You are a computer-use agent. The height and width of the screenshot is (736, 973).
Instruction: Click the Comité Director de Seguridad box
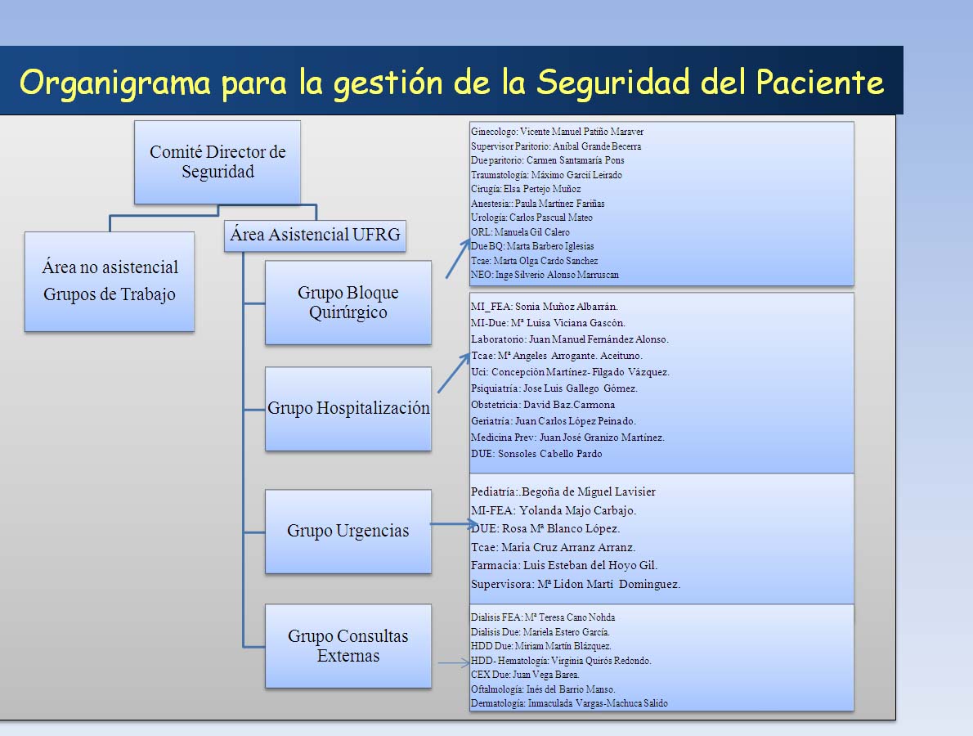217,162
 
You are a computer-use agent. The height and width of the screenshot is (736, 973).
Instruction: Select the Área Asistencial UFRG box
315,236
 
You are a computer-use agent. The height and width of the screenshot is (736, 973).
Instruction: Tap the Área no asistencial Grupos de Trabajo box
110,281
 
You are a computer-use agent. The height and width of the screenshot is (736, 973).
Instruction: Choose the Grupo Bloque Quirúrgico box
348,303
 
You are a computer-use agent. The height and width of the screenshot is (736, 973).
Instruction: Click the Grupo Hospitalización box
348,408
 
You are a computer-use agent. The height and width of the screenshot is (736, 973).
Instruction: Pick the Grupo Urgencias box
348,532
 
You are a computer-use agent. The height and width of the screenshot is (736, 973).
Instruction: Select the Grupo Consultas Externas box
348,646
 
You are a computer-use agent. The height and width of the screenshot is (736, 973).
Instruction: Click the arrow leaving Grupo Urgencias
454,524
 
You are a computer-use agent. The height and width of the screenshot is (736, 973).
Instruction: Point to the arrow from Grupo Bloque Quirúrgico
458,258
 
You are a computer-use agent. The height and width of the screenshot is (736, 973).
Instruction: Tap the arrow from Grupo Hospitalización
455,372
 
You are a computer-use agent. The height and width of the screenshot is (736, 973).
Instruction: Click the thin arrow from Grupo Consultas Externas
455,662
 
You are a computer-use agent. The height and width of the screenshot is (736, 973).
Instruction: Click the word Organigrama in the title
115,83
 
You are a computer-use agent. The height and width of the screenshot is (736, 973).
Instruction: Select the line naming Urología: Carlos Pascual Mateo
531,218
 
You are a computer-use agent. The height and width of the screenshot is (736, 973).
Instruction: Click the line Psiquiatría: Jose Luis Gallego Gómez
554,388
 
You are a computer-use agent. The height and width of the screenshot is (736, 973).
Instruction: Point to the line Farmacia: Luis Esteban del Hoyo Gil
564,565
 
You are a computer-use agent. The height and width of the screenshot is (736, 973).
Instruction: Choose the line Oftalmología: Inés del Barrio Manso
543,689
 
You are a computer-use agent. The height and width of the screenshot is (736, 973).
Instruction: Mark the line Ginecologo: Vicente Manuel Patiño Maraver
558,132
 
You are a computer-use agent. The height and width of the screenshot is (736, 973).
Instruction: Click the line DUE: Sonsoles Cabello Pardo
536,454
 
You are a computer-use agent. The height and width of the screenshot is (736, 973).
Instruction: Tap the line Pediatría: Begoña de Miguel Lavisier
563,491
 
